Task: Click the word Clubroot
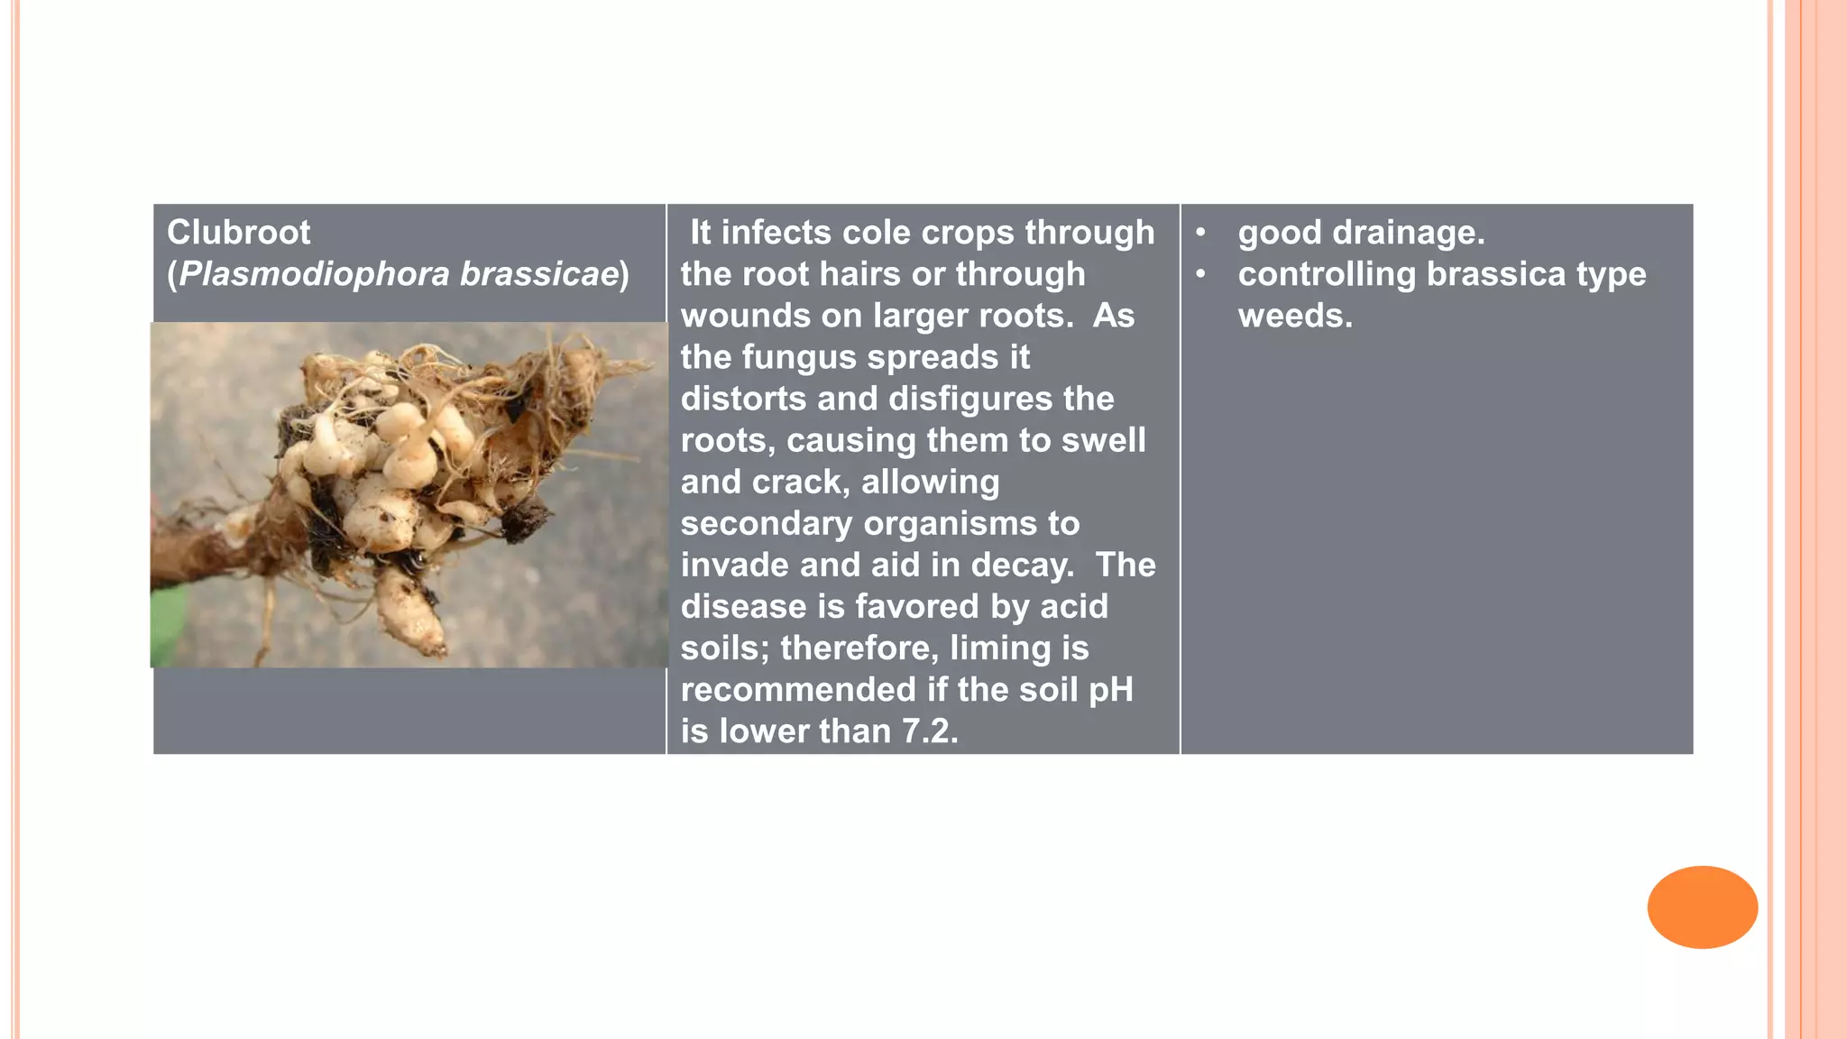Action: point(238,233)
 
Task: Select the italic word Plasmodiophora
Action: point(314,274)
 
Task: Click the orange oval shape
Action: point(1702,906)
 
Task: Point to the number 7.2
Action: point(929,731)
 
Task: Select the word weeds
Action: point(1295,316)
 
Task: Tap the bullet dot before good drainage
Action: point(1200,233)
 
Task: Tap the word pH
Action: point(1110,690)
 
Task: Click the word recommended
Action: point(798,690)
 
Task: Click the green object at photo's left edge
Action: point(168,622)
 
